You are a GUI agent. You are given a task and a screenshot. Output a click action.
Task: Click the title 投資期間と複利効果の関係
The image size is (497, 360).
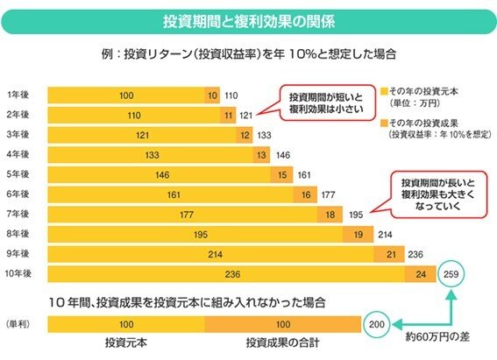[248, 21]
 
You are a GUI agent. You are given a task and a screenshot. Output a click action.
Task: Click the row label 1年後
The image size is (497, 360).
[16, 94]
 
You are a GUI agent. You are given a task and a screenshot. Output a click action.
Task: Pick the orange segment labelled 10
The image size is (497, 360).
[213, 94]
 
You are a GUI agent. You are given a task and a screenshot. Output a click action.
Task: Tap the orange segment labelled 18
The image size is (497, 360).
[329, 213]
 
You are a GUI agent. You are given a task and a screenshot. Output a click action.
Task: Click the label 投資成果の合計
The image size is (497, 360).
[282, 342]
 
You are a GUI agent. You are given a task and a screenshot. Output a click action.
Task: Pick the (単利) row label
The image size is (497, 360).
[18, 324]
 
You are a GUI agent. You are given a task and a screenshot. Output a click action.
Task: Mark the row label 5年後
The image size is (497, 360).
[16, 173]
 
